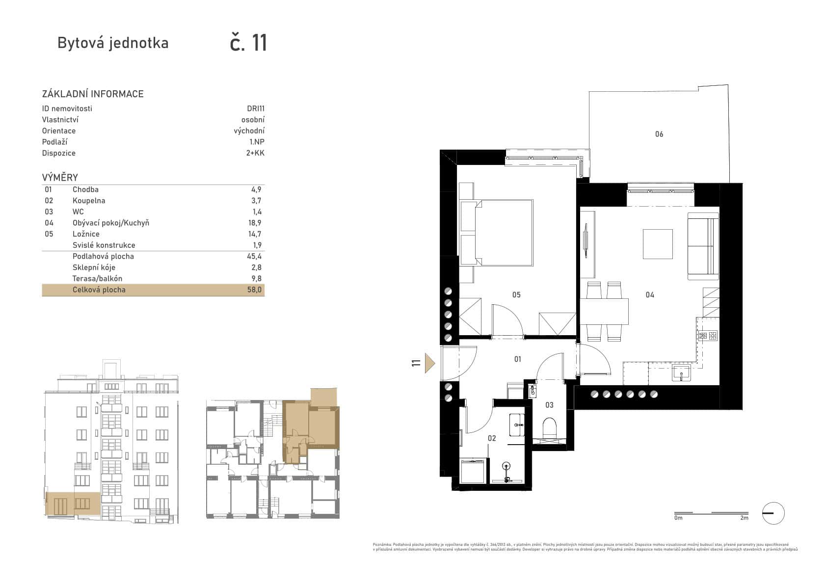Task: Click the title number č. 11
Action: [x=249, y=43]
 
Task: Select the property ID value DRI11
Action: [x=256, y=108]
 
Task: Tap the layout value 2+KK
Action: [x=255, y=153]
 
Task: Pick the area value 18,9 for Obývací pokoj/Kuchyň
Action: [x=254, y=223]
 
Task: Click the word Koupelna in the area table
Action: [x=89, y=201]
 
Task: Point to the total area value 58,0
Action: [x=254, y=290]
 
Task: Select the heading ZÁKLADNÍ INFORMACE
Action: [x=93, y=94]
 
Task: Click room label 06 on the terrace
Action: [x=659, y=134]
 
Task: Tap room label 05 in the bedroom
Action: [x=516, y=294]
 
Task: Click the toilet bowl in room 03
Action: [x=550, y=427]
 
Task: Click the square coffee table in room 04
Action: [x=658, y=244]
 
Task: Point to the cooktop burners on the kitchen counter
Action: [x=708, y=336]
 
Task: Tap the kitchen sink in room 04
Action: [x=681, y=373]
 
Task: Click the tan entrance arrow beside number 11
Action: [x=430, y=364]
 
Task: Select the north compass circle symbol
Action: [x=773, y=513]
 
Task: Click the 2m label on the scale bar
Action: [x=744, y=518]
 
